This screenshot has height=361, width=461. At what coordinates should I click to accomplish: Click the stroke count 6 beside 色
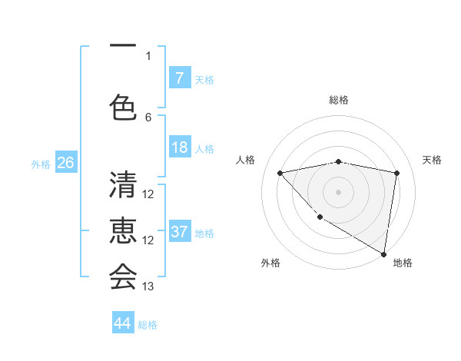pos(148,118)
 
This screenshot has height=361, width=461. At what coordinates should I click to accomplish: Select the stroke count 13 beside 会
pos(148,286)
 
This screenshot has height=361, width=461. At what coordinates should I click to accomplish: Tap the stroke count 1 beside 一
pos(148,55)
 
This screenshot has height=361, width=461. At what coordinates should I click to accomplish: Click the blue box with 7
pos(179,78)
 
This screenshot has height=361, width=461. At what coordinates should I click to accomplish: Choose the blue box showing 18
pos(179,148)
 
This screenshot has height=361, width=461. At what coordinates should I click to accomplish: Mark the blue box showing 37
pos(179,233)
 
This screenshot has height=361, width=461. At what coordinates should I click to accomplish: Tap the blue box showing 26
pos(65,163)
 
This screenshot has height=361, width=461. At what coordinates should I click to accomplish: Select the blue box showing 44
pos(123,323)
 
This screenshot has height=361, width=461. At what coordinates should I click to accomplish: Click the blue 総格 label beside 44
pos(148,325)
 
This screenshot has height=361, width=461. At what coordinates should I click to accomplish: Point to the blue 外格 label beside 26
pos(41,164)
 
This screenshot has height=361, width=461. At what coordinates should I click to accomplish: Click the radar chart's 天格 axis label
pos(433,160)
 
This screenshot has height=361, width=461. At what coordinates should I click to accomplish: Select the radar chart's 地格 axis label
pos(403,263)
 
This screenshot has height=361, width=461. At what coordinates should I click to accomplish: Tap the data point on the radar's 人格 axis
pos(280,173)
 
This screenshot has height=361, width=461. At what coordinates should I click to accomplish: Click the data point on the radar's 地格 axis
pos(383,253)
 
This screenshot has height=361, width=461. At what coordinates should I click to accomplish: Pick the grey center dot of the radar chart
pos(338,191)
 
